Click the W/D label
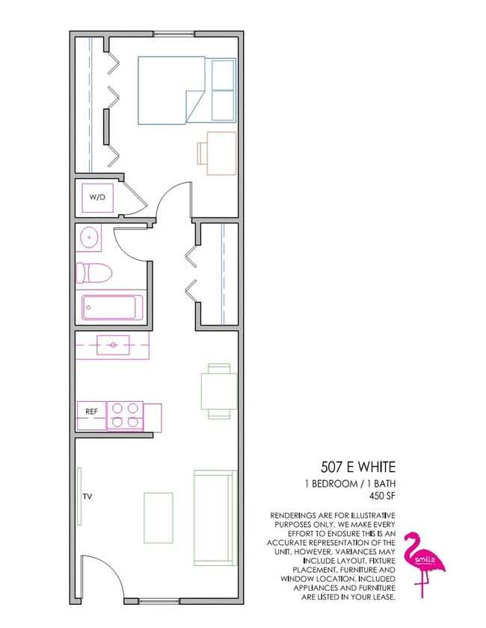[x=98, y=198]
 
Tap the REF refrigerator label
[x=91, y=411]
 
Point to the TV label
[x=87, y=497]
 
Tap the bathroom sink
[x=89, y=238]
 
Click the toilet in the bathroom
[x=93, y=273]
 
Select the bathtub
[x=112, y=307]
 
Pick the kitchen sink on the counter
[x=113, y=345]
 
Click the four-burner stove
[x=125, y=415]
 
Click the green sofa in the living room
[x=215, y=517]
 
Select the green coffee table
[x=158, y=517]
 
